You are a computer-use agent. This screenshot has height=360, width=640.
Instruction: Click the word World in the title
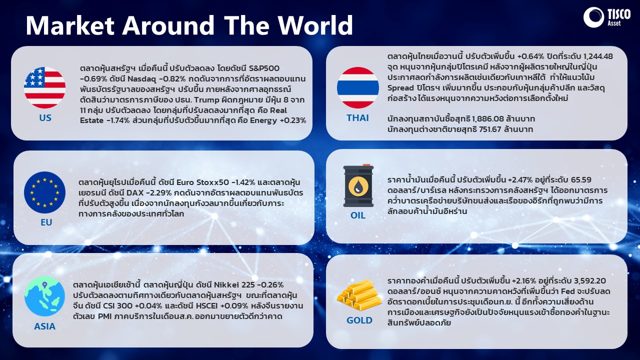coord(315,25)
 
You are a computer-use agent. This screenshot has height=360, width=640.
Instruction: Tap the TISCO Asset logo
coord(606,17)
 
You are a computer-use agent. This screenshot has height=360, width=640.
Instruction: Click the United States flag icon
coord(44,87)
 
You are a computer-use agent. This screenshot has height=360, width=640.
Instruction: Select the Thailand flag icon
coord(358,87)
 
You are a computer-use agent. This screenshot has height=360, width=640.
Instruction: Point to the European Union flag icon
coord(44,192)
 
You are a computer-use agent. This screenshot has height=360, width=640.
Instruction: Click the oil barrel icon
coord(358,185)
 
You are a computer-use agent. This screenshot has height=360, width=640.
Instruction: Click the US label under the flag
coord(45,117)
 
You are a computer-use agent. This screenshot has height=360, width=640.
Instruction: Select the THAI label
coord(357,117)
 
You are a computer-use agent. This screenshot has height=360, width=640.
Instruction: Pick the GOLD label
coord(359,320)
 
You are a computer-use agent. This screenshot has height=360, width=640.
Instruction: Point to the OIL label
coord(358,215)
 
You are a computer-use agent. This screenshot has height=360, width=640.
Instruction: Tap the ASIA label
coord(44,326)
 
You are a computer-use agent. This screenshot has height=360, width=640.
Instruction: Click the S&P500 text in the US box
coord(264,68)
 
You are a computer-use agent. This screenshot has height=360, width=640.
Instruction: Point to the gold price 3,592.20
coord(590,281)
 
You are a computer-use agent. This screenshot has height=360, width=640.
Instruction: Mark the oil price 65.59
coord(581,180)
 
